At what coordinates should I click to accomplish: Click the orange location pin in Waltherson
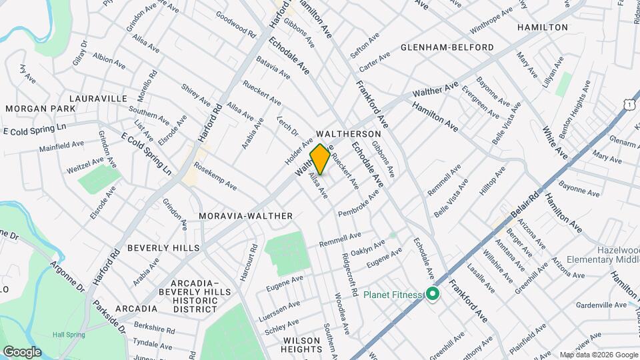[x=320, y=159]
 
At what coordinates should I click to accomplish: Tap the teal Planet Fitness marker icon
[x=432, y=293]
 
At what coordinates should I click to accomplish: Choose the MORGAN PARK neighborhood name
[x=31, y=109]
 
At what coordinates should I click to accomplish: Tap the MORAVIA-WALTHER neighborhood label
[x=246, y=216]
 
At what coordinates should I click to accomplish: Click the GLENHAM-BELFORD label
[x=447, y=47]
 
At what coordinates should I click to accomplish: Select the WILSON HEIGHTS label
[x=301, y=345]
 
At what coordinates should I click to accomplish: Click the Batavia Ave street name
[x=273, y=68]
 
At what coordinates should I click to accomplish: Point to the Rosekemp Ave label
[x=215, y=175]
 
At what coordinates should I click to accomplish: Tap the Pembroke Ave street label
[x=359, y=203]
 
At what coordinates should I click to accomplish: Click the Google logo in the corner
[x=21, y=352]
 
